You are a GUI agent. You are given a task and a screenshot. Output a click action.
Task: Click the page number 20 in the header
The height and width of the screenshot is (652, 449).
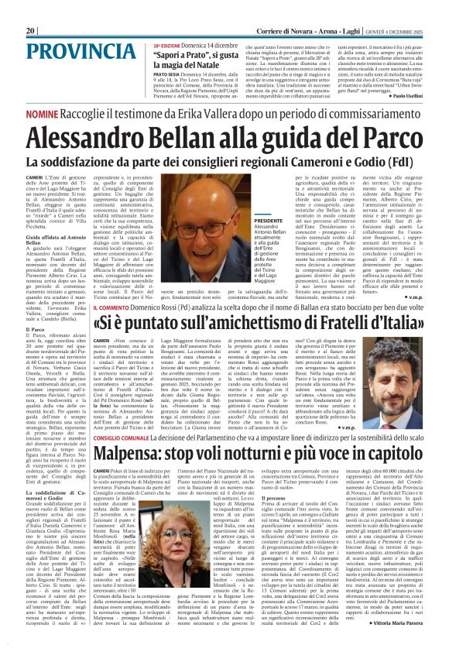pos(31,9)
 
